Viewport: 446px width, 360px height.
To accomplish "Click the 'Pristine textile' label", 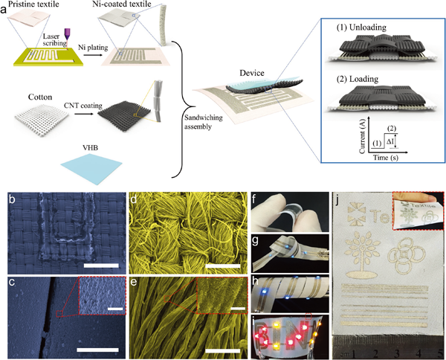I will [x=28, y=5].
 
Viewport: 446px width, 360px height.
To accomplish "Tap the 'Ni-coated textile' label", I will [x=119, y=5].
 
